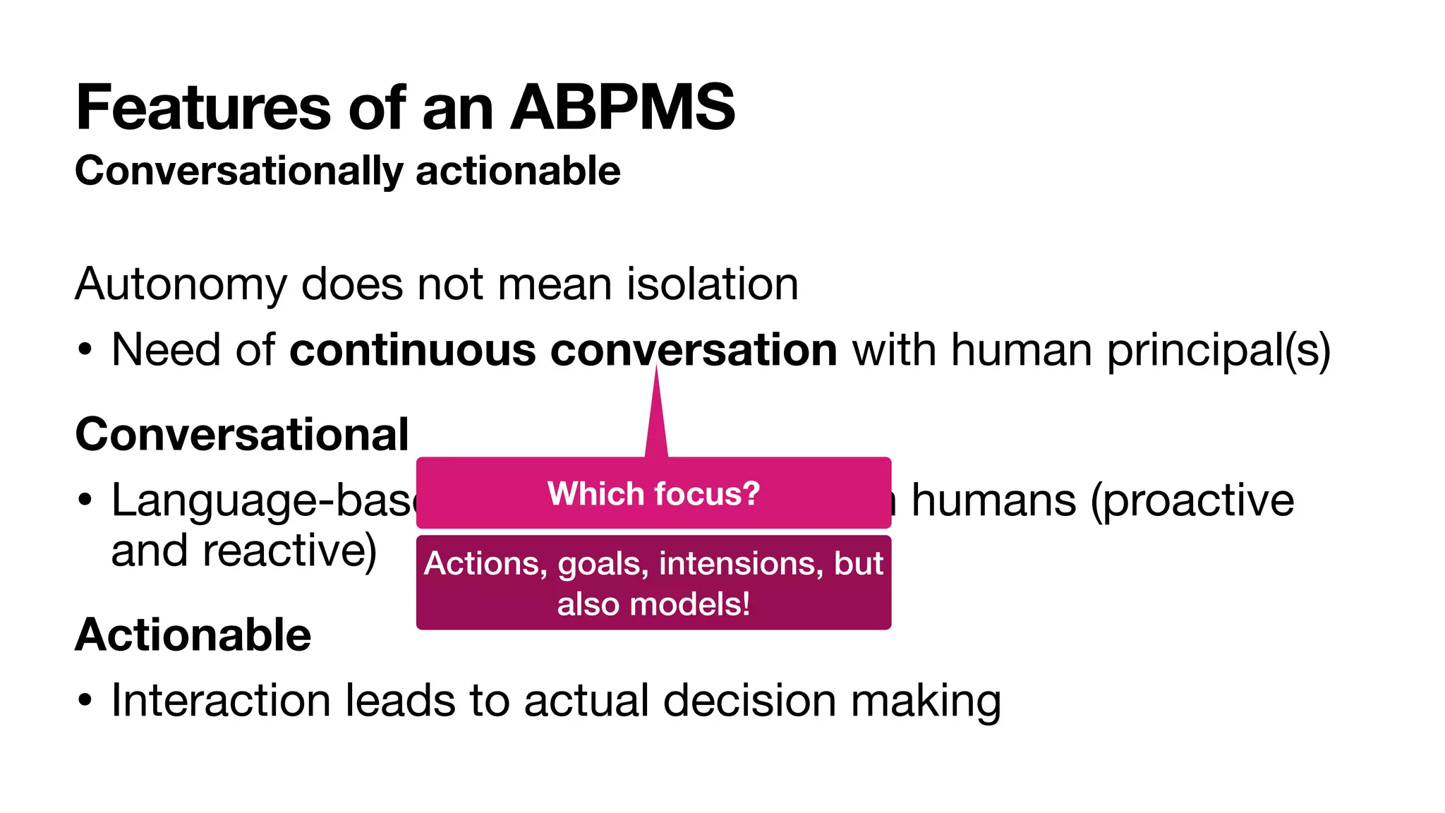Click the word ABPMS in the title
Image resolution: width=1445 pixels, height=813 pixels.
click(x=623, y=108)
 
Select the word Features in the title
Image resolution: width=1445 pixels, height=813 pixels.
click(x=203, y=108)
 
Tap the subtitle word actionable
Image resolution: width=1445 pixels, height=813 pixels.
click(x=518, y=171)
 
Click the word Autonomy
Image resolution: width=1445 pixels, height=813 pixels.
click(x=181, y=284)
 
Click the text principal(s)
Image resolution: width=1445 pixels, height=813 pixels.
click(x=1218, y=350)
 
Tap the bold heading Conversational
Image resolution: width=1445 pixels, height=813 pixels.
click(x=242, y=434)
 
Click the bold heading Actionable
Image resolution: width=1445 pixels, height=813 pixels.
click(x=193, y=634)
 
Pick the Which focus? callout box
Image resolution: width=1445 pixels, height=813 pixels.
click(x=653, y=493)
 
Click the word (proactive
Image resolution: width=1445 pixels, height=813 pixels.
click(x=1192, y=501)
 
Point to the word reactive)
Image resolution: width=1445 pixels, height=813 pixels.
click(x=289, y=551)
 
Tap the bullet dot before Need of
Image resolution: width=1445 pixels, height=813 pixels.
click(x=85, y=350)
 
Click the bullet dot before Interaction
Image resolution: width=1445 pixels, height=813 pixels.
click(x=85, y=701)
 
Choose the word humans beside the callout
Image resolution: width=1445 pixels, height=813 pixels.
click(x=993, y=501)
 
